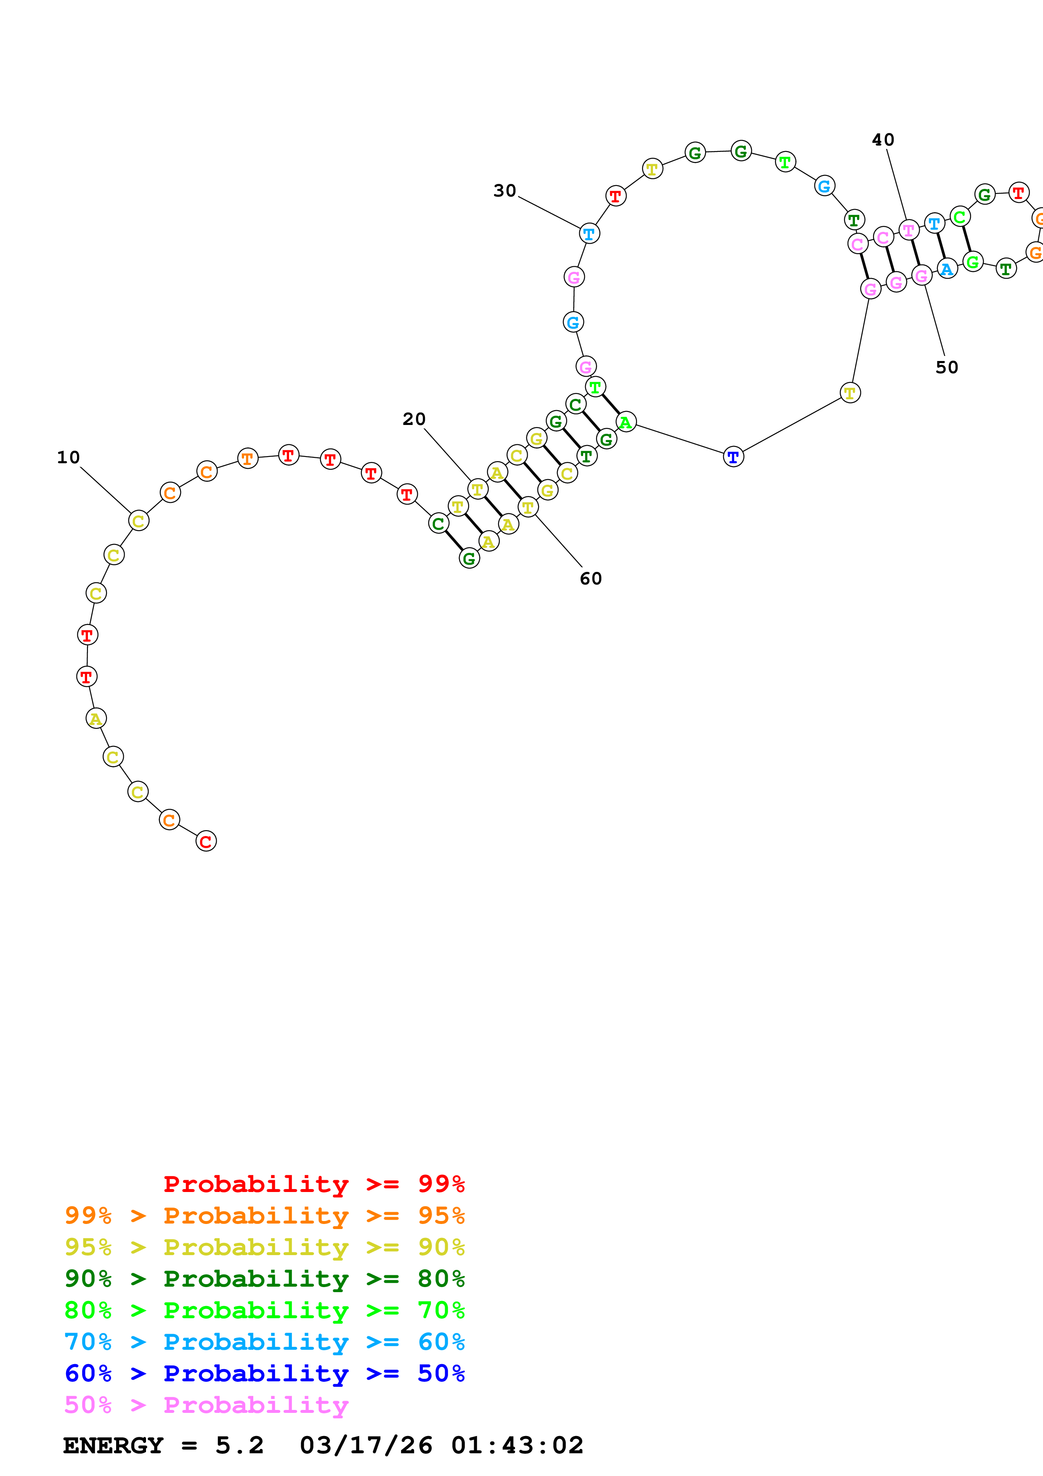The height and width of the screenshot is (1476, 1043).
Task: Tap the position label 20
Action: pyautogui.click(x=414, y=419)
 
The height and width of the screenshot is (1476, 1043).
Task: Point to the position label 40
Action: pyautogui.click(x=882, y=140)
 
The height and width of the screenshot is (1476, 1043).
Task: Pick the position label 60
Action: pyautogui.click(x=591, y=579)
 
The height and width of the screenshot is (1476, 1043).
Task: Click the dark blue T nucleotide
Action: pyautogui.click(x=733, y=457)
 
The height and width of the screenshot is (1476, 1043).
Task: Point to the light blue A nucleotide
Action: pyautogui.click(x=947, y=269)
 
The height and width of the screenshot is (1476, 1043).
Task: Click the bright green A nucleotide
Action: pyautogui.click(x=625, y=422)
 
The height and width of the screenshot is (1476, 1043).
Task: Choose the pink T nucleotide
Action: pyautogui.click(x=908, y=229)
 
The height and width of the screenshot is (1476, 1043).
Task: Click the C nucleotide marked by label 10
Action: pyautogui.click(x=138, y=521)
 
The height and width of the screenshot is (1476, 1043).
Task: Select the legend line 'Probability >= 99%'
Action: pyautogui.click(x=313, y=1184)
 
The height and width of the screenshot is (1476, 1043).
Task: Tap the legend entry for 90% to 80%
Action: pyautogui.click(x=264, y=1279)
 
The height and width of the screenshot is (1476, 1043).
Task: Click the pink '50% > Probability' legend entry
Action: pyautogui.click(x=206, y=1404)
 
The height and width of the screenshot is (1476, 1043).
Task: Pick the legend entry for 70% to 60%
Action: pyautogui.click(x=264, y=1342)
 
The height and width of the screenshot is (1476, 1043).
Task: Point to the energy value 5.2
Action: pyautogui.click(x=239, y=1445)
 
